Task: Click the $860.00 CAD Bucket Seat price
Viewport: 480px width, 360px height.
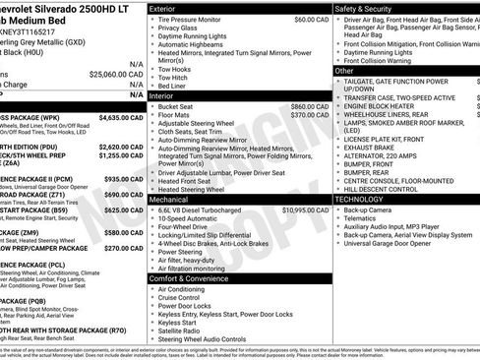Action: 309,106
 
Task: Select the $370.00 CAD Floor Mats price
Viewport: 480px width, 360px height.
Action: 309,115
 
